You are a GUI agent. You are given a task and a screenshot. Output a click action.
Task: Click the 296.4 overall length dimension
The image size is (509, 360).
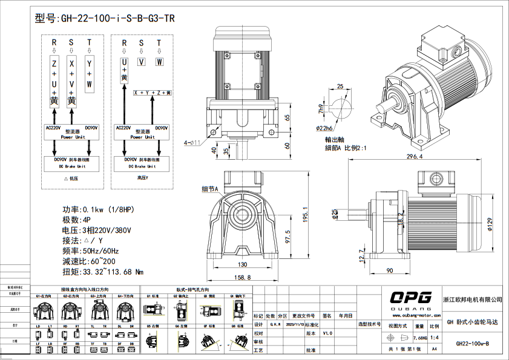click(414, 157)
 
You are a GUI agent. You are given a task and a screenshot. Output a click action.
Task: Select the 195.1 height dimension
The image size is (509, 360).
click(306, 214)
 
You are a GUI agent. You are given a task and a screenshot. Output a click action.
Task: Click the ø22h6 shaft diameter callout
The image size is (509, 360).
click(326, 128)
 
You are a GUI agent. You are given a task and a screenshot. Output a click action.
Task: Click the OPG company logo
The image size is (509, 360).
click(410, 297)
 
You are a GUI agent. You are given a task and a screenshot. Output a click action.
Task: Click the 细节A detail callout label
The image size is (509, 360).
click(209, 189)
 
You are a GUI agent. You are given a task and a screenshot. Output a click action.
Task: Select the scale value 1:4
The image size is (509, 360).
click(434, 338)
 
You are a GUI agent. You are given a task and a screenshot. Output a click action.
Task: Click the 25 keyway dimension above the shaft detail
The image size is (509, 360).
click(340, 87)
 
